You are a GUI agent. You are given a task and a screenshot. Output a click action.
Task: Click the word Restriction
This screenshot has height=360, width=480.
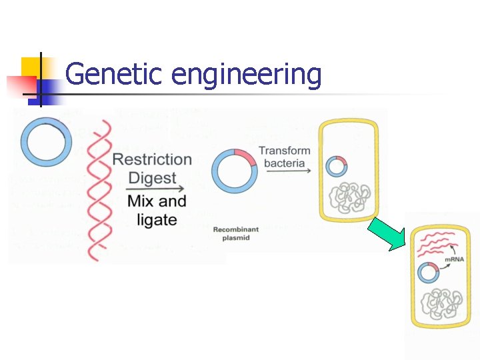pos(152,159)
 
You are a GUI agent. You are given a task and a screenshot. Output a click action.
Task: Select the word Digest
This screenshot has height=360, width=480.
pos(152,178)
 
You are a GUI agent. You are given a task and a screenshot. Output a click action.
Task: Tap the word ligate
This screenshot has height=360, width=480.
pos(157,220)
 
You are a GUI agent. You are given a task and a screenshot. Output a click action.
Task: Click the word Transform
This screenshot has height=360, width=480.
pos(285,151)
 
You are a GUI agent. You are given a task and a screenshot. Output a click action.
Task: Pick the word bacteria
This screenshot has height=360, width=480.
pos(285,163)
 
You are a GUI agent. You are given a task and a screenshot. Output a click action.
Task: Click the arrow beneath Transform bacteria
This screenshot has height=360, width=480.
pos(287,171)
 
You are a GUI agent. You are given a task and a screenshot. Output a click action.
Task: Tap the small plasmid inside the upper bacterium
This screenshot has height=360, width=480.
pos(337,166)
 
